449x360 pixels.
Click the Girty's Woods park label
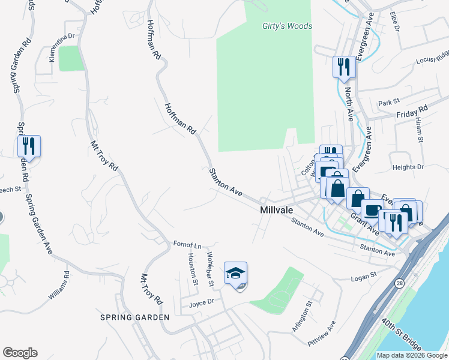[x=288, y=26]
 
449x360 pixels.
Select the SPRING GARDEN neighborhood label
[x=135, y=317]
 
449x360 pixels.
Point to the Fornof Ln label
[x=187, y=245]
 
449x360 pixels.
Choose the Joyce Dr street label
[x=201, y=302]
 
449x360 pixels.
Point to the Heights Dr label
[x=408, y=167]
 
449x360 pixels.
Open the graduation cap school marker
[x=236, y=273]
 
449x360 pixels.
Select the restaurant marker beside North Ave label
[x=344, y=67]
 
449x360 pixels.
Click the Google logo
[x=20, y=353]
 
